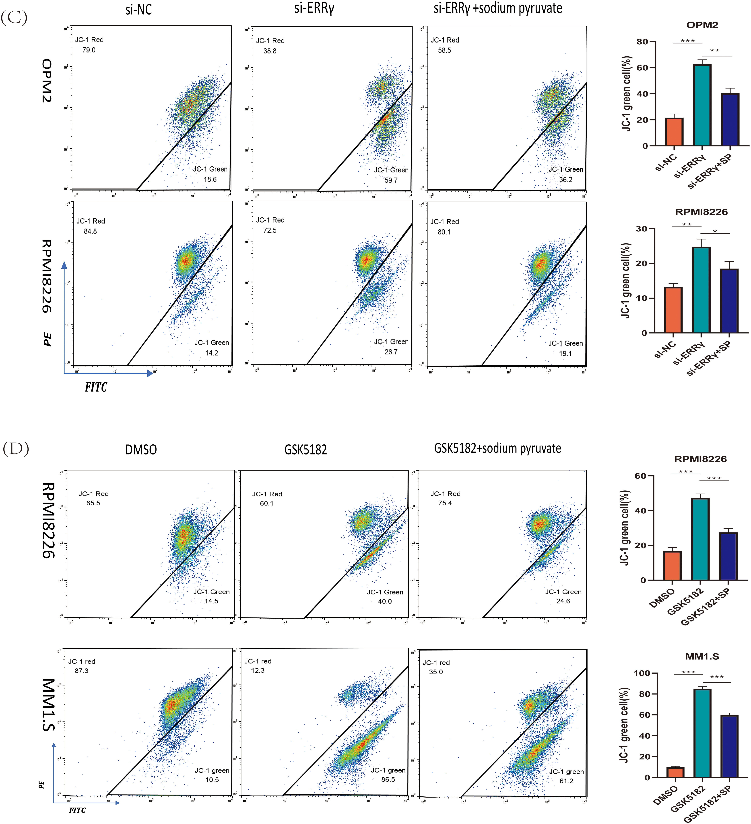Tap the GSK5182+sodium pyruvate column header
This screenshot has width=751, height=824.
click(497, 448)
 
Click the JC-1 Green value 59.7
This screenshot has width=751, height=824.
click(391, 180)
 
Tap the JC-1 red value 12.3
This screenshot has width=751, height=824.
click(258, 670)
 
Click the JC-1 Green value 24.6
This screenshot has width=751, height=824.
click(563, 601)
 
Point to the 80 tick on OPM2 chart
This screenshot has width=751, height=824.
click(642, 42)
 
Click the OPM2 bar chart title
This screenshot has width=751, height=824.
click(702, 25)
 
